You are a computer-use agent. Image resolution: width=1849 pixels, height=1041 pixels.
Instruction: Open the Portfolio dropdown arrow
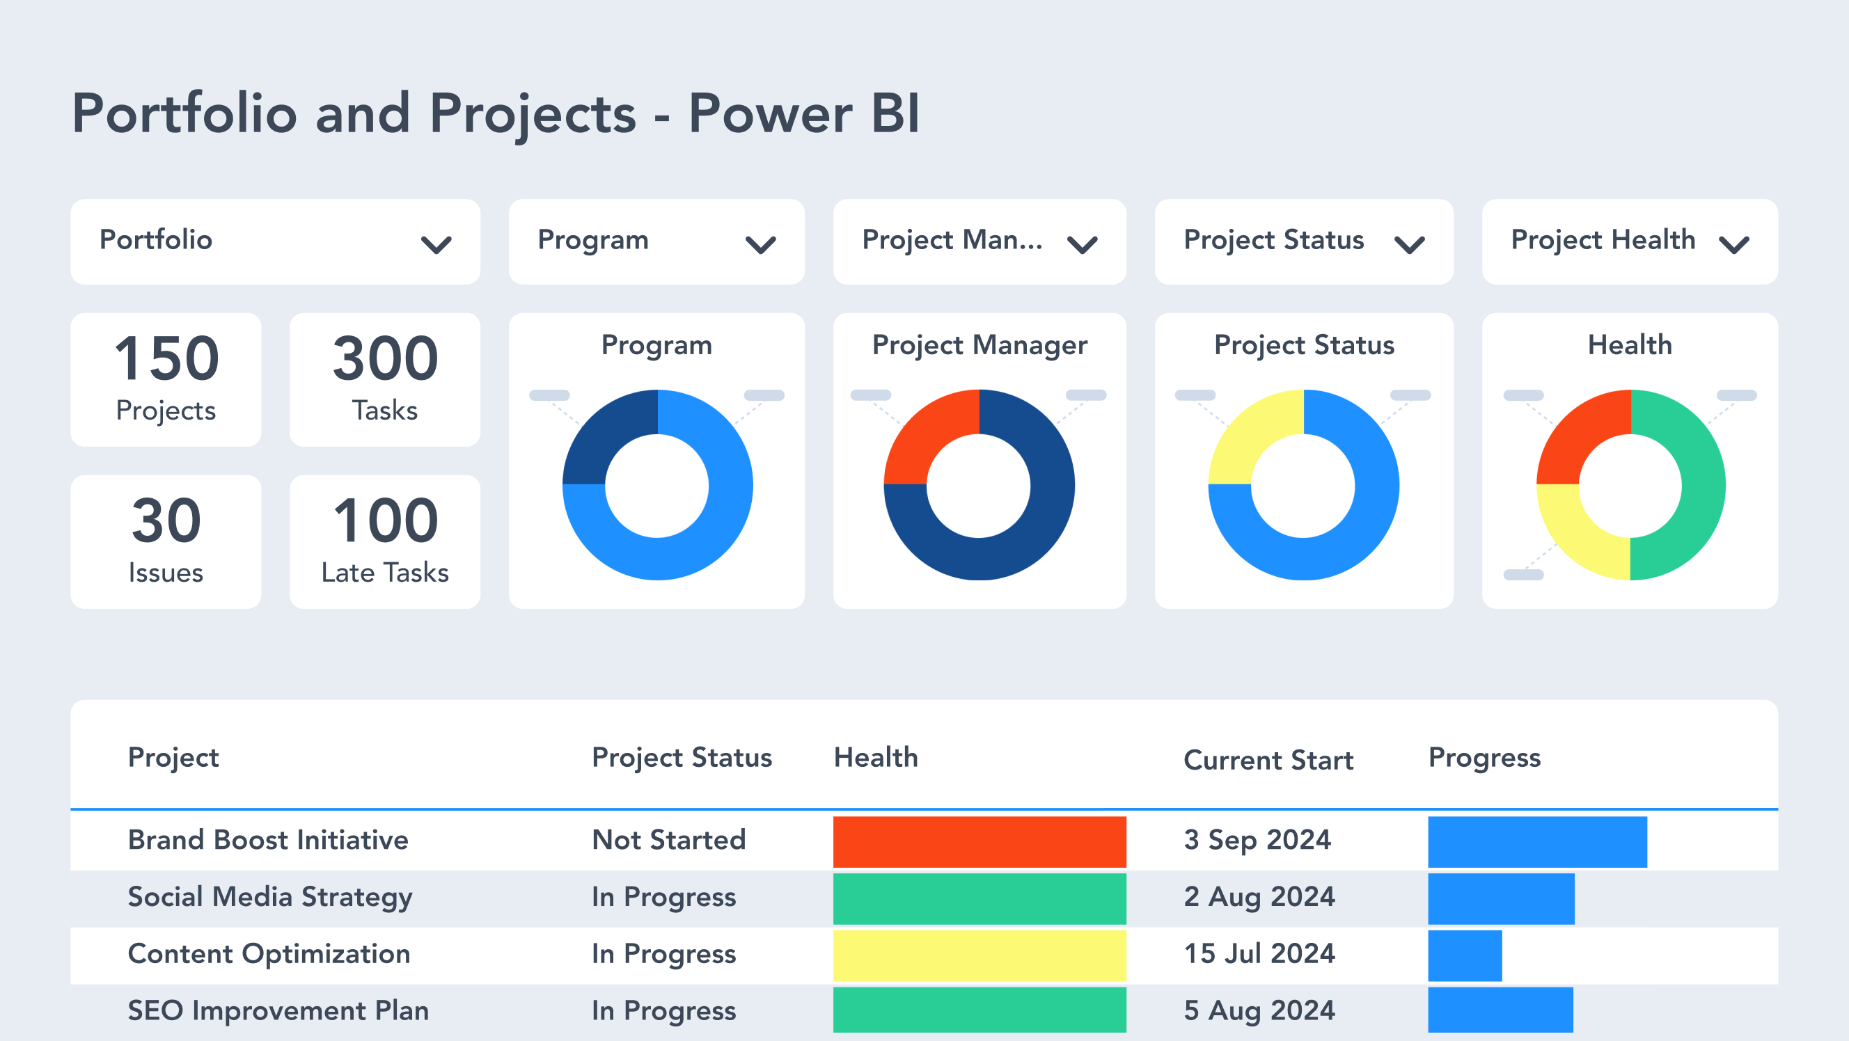436,246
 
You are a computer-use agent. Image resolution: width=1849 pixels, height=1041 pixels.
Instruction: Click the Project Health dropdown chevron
1734,246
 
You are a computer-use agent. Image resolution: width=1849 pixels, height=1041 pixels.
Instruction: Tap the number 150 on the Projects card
166,359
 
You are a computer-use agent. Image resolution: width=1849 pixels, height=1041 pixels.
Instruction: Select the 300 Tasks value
385,359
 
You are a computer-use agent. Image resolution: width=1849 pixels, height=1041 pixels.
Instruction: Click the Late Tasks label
385,573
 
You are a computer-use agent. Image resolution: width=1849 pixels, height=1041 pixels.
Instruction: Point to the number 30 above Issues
166,521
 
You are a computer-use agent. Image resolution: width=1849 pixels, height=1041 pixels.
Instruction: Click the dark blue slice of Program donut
606,434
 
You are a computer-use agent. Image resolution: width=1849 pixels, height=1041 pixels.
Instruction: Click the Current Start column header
1268,760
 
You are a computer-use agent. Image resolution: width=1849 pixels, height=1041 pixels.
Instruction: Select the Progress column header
1484,758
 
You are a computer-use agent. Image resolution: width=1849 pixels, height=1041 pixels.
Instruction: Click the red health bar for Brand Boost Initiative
979,841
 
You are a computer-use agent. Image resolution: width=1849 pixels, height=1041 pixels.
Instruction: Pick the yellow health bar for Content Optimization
979,955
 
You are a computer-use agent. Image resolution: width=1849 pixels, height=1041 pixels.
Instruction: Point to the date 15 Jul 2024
1259,953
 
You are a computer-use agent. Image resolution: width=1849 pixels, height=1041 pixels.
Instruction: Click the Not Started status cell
668,840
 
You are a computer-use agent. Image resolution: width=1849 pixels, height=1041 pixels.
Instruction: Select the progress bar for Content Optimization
1464,955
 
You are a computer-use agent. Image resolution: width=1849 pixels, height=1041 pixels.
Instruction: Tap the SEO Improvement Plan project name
278,1010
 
